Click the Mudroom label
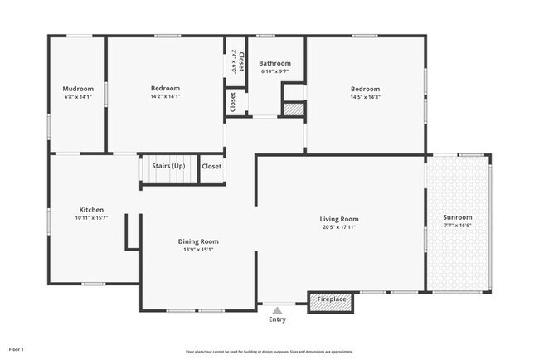(x=78, y=89)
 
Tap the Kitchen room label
(x=91, y=210)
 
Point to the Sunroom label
(x=458, y=217)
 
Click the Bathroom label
(x=274, y=63)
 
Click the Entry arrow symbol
(x=277, y=309)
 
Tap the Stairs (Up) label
(x=168, y=166)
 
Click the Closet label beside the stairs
(x=211, y=166)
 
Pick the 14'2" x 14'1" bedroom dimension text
(x=165, y=97)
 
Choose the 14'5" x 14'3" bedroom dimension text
(x=364, y=97)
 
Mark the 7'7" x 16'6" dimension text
(x=458, y=226)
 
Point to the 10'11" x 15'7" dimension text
(x=91, y=218)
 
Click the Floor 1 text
(x=17, y=349)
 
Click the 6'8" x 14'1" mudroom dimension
(x=78, y=97)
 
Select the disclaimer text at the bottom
(x=269, y=351)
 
